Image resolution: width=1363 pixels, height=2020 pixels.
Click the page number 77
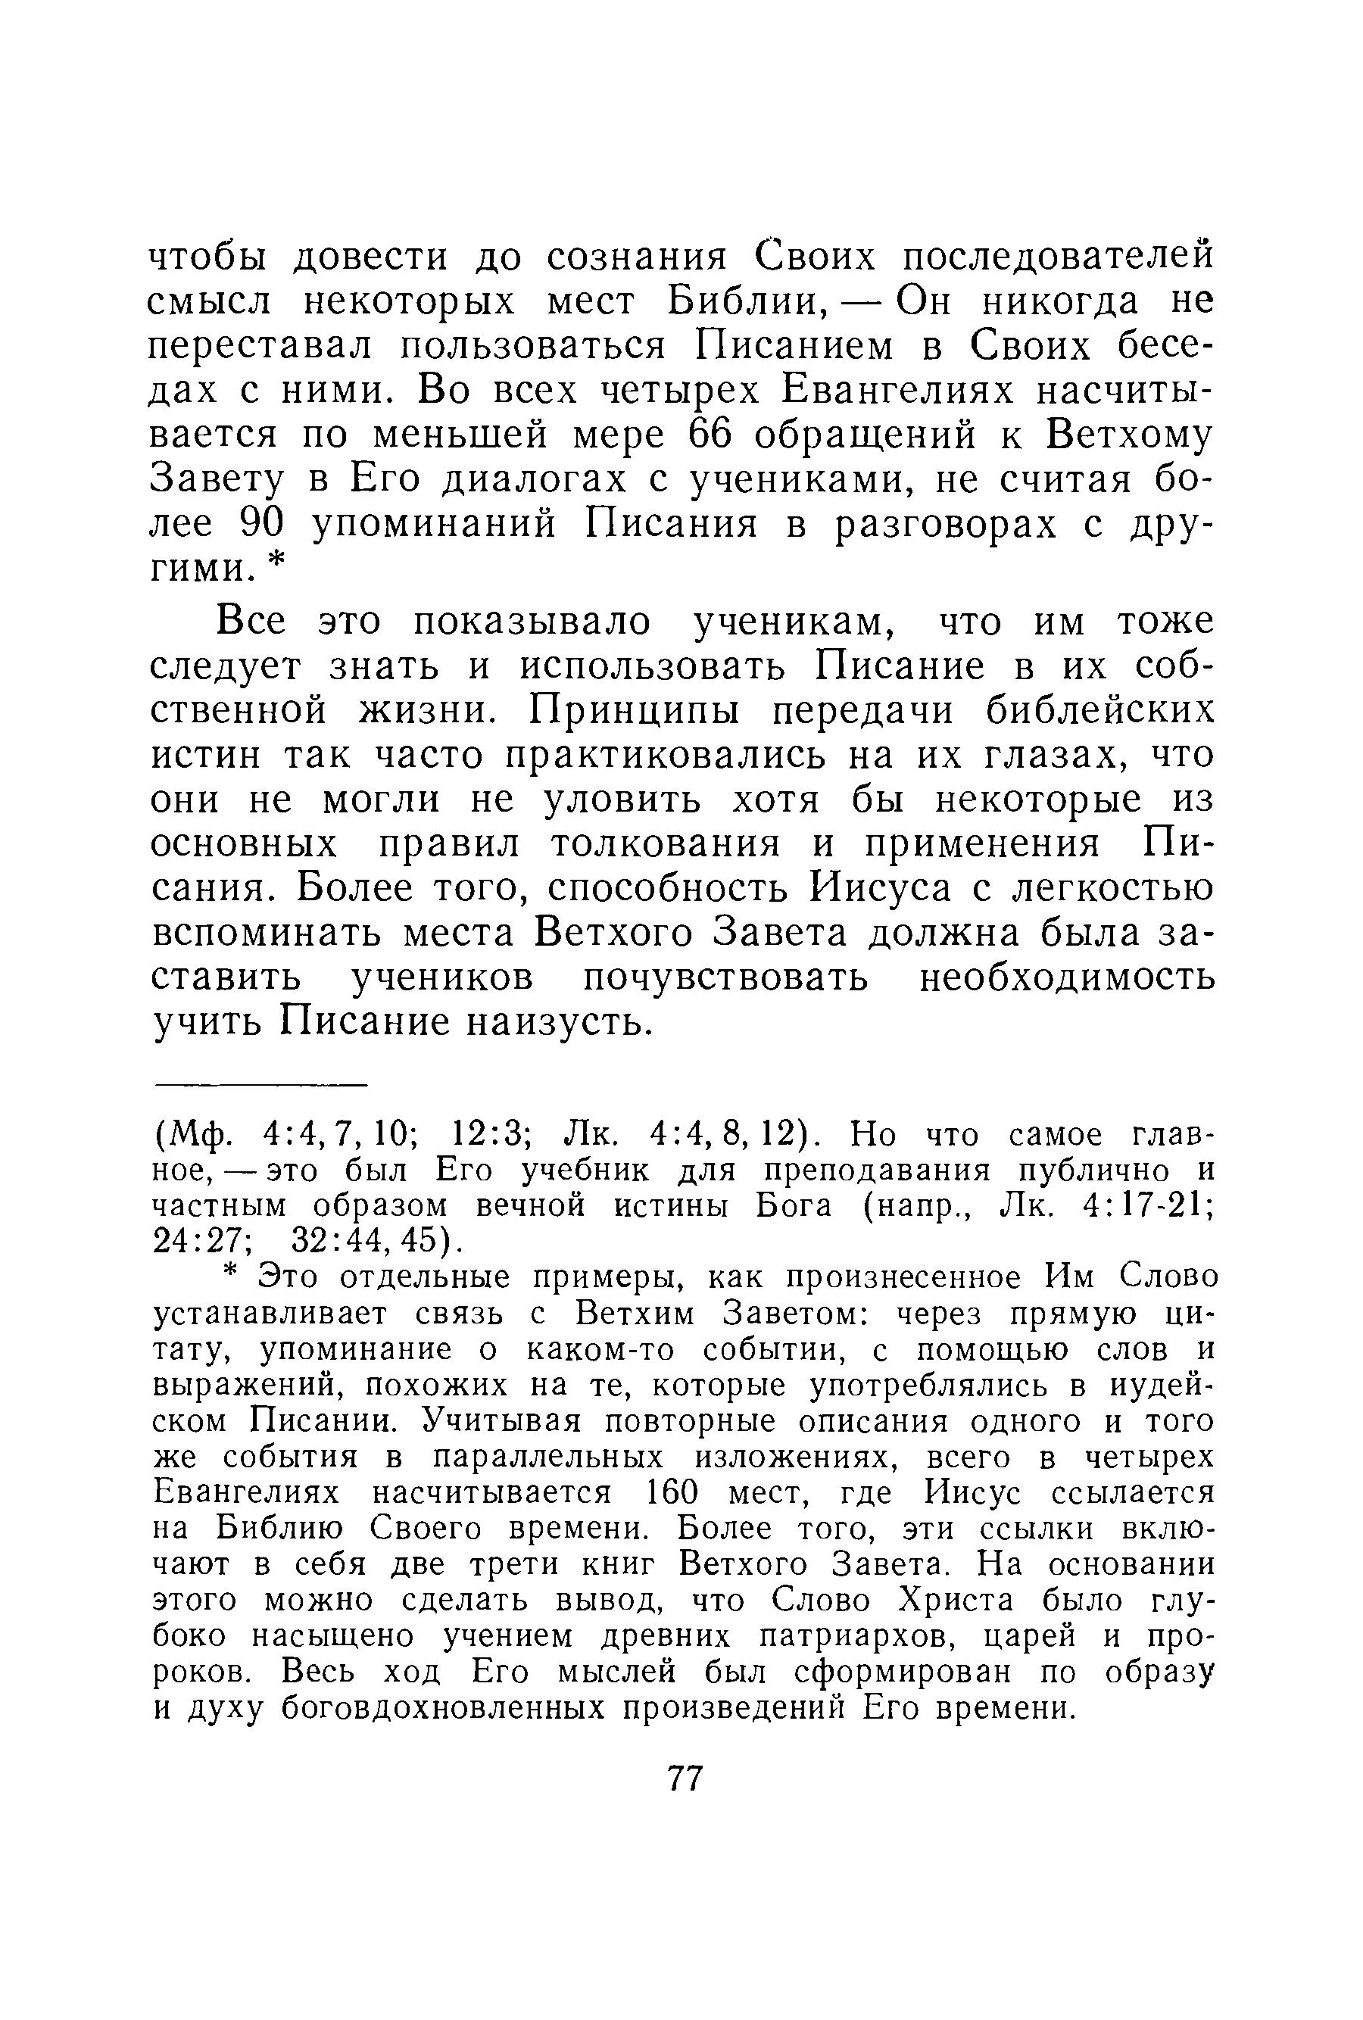(x=684, y=1778)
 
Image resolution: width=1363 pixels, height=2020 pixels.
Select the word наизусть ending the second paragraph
(x=558, y=1022)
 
